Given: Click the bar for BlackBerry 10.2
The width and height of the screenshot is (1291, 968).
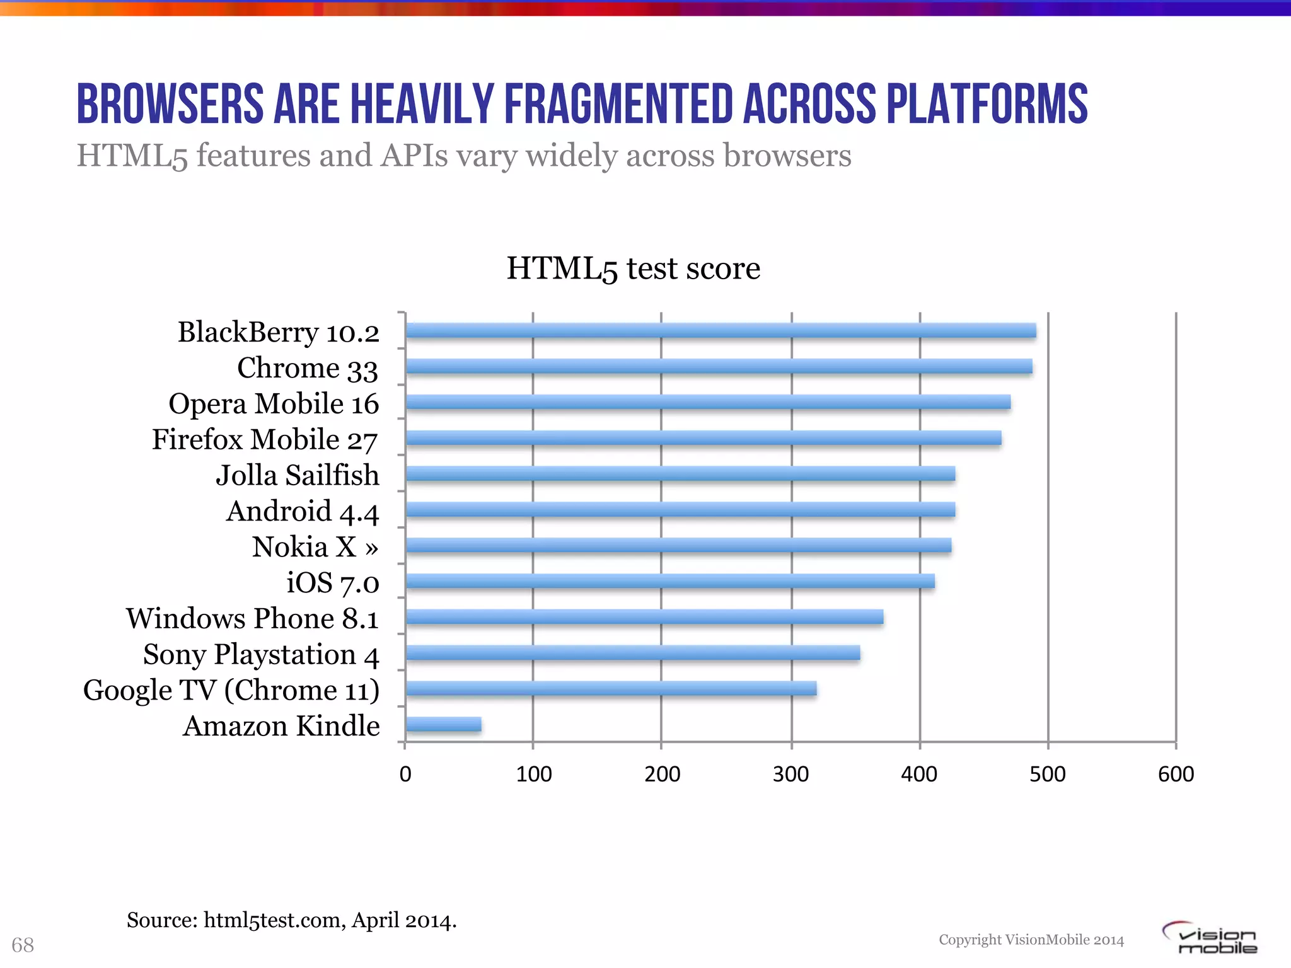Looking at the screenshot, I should pos(721,331).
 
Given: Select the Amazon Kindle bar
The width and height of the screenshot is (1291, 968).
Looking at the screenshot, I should pos(444,725).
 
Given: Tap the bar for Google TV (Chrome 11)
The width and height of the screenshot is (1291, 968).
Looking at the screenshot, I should pos(611,689).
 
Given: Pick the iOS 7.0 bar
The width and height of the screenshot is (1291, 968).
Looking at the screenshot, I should pos(670,581).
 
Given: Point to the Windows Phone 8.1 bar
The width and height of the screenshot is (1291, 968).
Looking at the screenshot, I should pos(644,617).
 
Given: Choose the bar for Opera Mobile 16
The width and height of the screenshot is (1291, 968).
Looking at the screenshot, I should pos(708,402).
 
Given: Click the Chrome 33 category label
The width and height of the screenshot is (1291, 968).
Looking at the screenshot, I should pos(308,369).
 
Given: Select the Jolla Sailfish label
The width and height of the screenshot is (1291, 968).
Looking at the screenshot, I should pos(298,476).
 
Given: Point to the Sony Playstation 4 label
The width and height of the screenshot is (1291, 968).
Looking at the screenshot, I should pos(261,655).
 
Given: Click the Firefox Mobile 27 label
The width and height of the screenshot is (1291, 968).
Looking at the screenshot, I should pos(265,440).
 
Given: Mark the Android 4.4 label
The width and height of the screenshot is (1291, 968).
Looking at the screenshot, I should pos(303,512).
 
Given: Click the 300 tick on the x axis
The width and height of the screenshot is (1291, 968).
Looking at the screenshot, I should pos(790,774).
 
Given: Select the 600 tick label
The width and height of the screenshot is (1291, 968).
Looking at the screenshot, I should pos(1176,774).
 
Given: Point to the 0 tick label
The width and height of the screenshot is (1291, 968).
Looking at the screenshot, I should pos(405,774).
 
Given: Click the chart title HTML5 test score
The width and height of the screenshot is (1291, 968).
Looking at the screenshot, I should pos(633,269).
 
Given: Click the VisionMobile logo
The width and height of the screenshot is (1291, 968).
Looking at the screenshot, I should pos(1210,938).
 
